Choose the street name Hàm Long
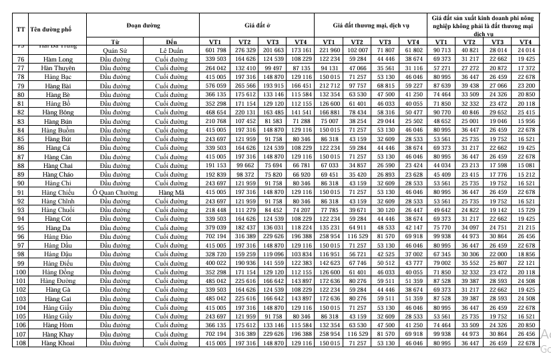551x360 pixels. [x=57, y=59]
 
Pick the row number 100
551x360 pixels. [x=21, y=272]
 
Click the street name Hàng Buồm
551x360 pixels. [x=57, y=129]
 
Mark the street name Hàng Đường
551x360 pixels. [x=57, y=281]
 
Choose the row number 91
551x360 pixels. [x=21, y=191]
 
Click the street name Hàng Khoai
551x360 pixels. [x=57, y=343]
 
